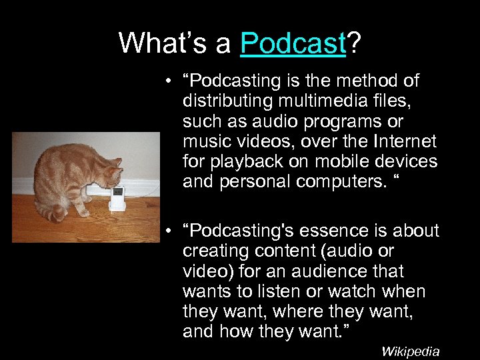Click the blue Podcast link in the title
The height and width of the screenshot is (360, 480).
click(293, 43)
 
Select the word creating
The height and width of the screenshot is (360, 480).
click(214, 251)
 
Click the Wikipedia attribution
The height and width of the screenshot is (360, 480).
click(410, 351)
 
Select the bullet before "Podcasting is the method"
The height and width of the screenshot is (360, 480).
click(171, 81)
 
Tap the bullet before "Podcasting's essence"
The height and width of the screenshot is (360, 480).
click(171, 231)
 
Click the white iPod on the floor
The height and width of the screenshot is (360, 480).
click(117, 199)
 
